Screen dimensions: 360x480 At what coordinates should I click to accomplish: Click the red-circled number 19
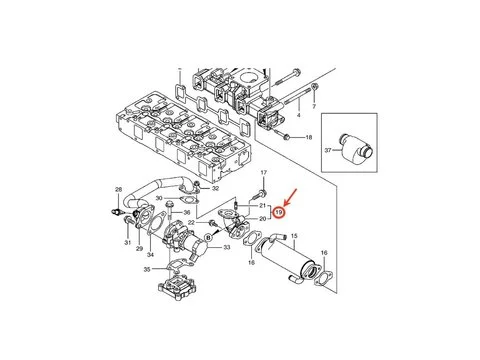(x=281, y=212)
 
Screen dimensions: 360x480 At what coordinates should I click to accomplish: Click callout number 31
(x=129, y=242)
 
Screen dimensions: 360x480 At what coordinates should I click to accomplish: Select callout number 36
(x=187, y=210)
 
